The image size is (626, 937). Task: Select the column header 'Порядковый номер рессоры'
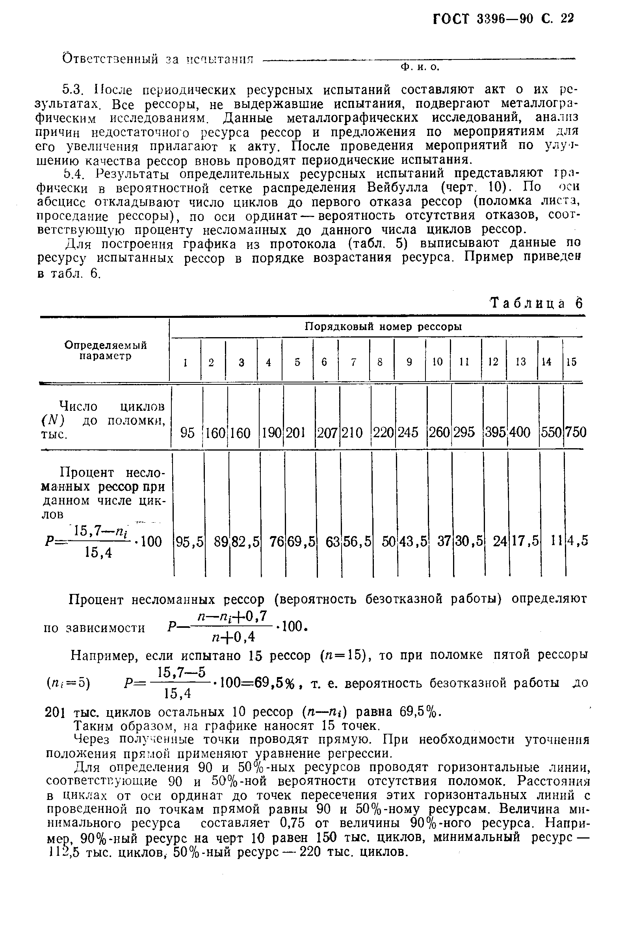(x=383, y=327)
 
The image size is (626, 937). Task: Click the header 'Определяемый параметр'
(x=106, y=351)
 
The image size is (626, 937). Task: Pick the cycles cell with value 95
(x=187, y=432)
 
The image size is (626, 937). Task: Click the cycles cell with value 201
(x=295, y=432)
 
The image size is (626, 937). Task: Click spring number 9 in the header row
(x=409, y=362)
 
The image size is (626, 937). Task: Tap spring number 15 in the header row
(x=571, y=362)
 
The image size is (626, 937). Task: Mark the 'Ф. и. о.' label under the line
(x=420, y=68)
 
